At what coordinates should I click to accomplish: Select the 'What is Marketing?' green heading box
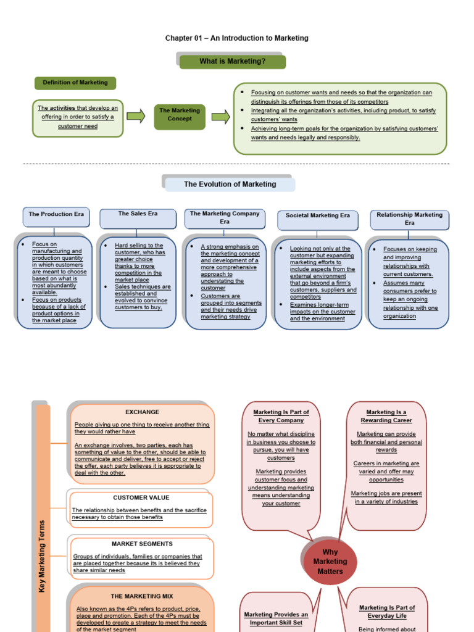click(233, 61)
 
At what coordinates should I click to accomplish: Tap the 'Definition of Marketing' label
click(75, 82)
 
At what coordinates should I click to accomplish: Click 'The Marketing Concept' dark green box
click(180, 115)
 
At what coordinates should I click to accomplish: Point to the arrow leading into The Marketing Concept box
click(135, 115)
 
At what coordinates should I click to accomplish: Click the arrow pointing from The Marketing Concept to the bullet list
click(220, 116)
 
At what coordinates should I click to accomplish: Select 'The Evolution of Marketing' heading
click(230, 184)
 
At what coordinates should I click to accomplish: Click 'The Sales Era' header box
click(138, 214)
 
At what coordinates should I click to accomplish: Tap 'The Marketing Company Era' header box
click(225, 217)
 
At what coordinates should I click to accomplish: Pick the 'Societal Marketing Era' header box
click(317, 216)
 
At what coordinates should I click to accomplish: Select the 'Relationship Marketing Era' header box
click(410, 218)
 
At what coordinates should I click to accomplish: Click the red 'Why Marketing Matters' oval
click(330, 562)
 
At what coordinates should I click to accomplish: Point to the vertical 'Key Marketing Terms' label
click(42, 555)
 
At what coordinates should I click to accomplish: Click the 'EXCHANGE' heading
click(142, 412)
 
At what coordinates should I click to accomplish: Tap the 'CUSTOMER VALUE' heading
click(141, 497)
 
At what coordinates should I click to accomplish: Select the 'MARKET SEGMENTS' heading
click(142, 544)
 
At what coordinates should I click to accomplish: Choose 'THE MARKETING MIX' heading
click(142, 596)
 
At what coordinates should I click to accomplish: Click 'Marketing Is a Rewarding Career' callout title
click(386, 416)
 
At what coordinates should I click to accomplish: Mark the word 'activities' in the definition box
click(63, 108)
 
